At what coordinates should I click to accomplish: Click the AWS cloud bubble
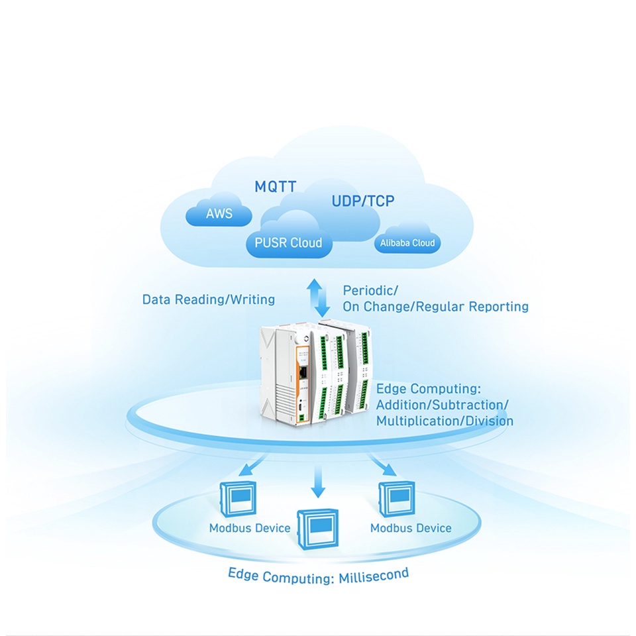click(219, 214)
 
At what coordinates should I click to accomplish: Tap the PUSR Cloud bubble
click(288, 242)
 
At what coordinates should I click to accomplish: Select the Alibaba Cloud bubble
click(407, 243)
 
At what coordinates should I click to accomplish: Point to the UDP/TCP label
click(362, 201)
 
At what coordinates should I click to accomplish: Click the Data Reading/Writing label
click(209, 299)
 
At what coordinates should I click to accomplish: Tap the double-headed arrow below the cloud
click(321, 297)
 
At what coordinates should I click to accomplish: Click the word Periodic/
click(370, 290)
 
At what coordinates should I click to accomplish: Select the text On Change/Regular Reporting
click(435, 307)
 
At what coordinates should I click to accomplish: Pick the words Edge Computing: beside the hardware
click(433, 388)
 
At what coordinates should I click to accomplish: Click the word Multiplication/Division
click(445, 421)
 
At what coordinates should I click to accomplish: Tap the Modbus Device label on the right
click(411, 528)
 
